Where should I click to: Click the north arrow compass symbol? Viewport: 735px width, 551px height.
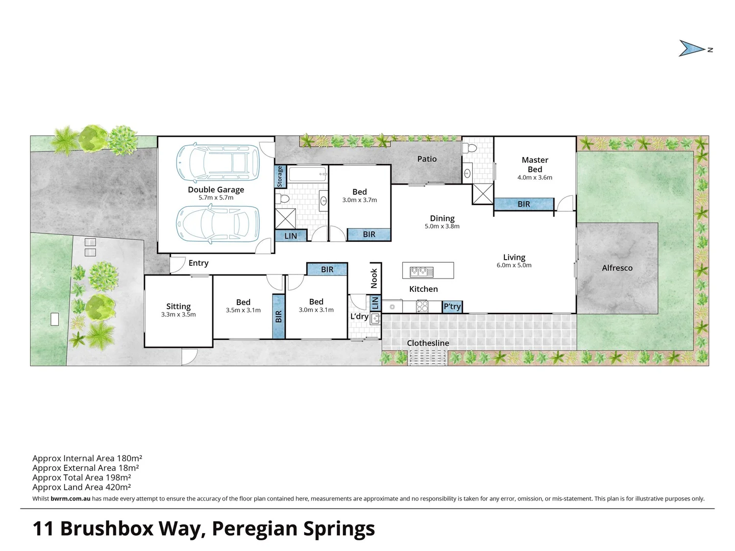(693, 48)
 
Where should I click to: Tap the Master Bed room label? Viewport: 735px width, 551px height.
(534, 164)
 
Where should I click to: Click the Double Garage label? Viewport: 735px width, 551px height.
(216, 190)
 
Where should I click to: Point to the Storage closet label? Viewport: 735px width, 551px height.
(279, 176)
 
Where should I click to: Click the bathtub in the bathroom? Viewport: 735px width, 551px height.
(307, 174)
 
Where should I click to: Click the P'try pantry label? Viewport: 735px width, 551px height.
(452, 307)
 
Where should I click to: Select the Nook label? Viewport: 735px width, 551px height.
(374, 278)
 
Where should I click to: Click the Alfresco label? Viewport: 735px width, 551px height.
(617, 268)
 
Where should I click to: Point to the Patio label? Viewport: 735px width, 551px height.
(427, 159)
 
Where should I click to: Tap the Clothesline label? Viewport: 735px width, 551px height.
(428, 343)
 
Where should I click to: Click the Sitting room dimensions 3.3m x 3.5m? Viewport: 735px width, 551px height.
(178, 315)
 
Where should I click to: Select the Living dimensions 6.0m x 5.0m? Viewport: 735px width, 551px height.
(514, 265)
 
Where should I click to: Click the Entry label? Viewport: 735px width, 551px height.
(198, 263)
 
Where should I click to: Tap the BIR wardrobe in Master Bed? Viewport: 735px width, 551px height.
(524, 204)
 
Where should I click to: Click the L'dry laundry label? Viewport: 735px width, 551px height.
(359, 316)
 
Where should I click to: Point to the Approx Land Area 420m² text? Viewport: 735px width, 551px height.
(82, 487)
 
